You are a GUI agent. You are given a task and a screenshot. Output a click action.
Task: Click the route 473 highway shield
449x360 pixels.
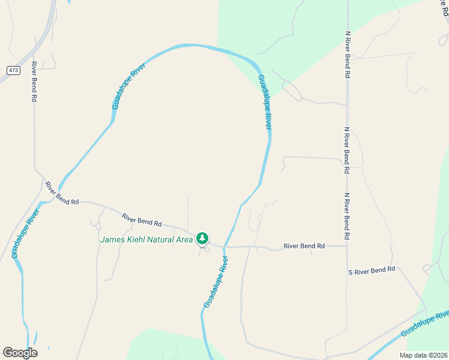pos(14,70)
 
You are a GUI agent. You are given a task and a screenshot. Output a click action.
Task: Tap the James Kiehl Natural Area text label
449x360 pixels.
pos(146,239)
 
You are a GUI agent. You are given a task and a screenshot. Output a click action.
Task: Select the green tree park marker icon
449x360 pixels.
pos(202,239)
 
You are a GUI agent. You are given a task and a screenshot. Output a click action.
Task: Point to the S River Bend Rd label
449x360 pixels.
pos(372,271)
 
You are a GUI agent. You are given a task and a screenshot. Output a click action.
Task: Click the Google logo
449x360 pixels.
pos(20,353)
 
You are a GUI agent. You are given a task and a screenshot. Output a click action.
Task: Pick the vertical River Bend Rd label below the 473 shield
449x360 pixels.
pos(34,81)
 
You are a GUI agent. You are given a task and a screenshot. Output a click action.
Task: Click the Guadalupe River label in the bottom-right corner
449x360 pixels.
pos(424,323)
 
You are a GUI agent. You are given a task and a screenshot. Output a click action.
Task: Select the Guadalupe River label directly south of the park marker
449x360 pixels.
pos(217,282)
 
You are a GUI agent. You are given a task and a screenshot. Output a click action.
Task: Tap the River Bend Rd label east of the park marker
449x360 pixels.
pos(304,246)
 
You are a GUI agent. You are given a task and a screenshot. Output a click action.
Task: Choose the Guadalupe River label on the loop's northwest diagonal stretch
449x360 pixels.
pos(129,86)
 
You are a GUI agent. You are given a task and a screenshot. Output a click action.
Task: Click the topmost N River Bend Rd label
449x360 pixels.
pos(347,55)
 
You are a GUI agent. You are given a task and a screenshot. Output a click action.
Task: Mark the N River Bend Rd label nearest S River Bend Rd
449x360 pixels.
pos(347,217)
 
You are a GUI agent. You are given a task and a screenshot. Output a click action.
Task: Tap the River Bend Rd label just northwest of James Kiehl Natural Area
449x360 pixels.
pos(142,220)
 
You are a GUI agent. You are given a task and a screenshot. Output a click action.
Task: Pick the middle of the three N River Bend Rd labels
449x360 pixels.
pos(347,150)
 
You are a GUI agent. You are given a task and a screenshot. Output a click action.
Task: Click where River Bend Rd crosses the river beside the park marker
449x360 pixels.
pos(223,246)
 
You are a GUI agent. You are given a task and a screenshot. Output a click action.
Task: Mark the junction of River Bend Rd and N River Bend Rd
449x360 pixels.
pos(347,245)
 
